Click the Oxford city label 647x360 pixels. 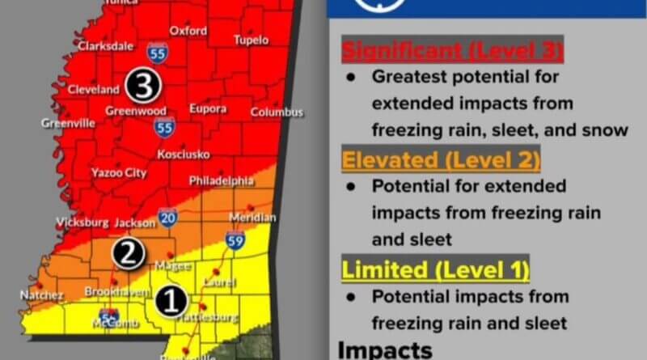click(188, 32)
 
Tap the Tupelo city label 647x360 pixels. click(251, 40)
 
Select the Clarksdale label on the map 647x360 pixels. click(106, 47)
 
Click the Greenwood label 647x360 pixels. click(136, 111)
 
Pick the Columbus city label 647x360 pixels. click(277, 112)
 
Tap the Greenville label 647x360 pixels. click(69, 124)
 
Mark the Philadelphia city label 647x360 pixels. click(222, 181)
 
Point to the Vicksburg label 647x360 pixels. click(82, 222)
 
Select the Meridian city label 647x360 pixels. click(253, 218)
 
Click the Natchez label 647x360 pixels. click(41, 296)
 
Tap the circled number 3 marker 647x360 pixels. click(144, 83)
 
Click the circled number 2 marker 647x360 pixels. click(128, 254)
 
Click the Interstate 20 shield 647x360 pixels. click(168, 218)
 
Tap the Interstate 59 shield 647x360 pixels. click(236, 240)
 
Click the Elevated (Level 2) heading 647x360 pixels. click(441, 160)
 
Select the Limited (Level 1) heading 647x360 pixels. click(435, 269)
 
